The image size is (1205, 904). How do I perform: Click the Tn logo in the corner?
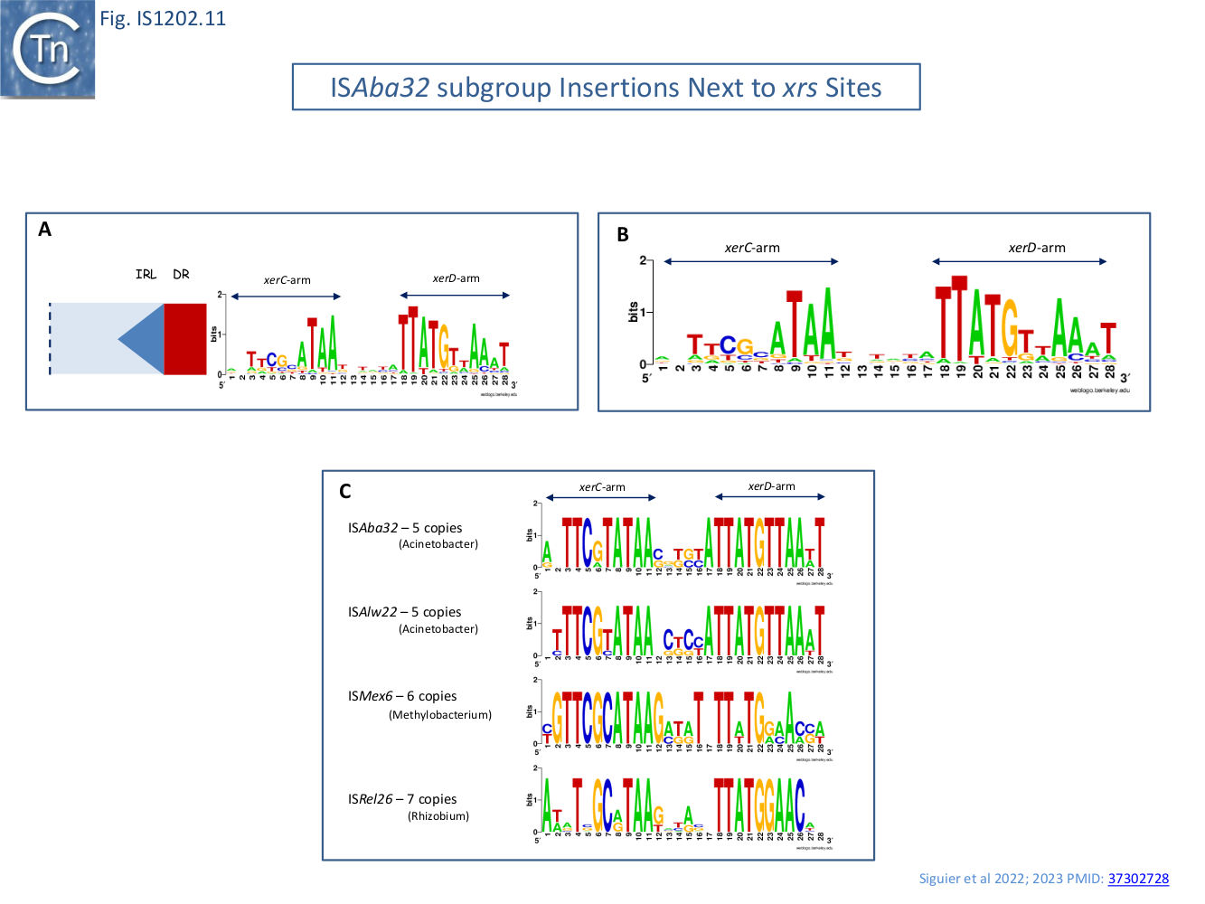[48, 49]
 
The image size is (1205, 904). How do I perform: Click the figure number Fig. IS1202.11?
[163, 18]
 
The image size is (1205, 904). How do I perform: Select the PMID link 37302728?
[1138, 879]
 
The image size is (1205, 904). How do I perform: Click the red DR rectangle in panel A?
[185, 339]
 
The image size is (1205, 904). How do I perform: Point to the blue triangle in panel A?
[145, 339]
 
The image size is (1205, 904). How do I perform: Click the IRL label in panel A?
[146, 274]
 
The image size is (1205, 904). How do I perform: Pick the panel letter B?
[623, 235]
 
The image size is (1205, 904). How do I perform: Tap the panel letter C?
[345, 492]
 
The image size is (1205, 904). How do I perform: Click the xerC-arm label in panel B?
[752, 248]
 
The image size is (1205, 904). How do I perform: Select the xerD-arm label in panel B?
[1037, 248]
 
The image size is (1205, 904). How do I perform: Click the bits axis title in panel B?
[633, 312]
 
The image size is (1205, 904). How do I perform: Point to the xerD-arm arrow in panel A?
[456, 295]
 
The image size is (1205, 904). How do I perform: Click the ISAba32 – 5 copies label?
[405, 528]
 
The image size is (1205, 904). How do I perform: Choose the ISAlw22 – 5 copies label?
[404, 612]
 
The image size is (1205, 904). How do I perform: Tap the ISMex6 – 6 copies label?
[402, 696]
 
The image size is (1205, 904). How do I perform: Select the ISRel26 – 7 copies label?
[402, 799]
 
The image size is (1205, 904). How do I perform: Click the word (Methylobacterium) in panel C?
[440, 715]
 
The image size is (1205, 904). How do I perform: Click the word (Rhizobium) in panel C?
[438, 816]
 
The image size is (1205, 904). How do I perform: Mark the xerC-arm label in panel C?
[602, 487]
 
